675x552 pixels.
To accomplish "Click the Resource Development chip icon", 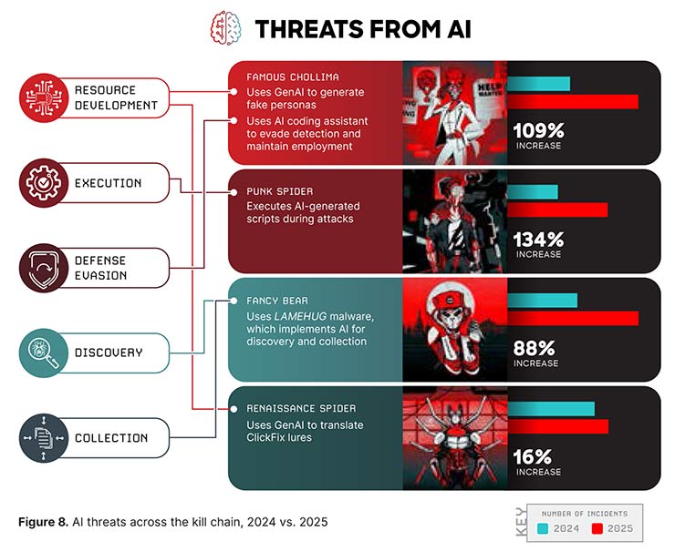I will pos(44,97).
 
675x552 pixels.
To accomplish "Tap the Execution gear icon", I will pos(44,183).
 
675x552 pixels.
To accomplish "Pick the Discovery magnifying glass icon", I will pos(44,352).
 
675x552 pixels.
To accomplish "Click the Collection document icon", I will pos(44,438).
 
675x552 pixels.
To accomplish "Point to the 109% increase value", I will pos(538,130).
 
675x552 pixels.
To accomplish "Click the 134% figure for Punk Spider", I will pos(538,240).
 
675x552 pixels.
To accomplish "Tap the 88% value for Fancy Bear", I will pos(534,348).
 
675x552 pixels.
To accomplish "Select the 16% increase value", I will pos(533,456).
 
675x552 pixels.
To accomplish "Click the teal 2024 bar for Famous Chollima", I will pos(538,84).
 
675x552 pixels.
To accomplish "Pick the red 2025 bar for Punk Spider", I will pos(556,210).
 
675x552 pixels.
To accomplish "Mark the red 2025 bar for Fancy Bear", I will pos(572,318).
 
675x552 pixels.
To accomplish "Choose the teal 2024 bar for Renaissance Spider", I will pos(550,408).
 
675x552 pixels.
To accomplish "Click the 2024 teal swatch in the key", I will pos(544,529).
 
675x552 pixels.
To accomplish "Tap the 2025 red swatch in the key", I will pos(598,529).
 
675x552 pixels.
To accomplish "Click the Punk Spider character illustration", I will pos(454,220).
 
